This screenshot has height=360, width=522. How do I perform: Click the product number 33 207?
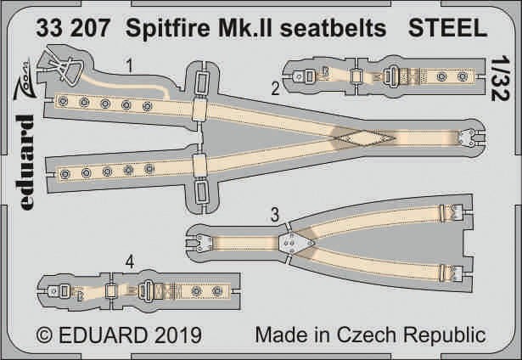click(73, 28)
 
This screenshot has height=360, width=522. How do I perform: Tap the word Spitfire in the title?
click(168, 29)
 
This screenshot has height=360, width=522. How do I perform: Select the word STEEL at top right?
click(447, 28)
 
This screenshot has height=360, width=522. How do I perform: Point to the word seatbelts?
click(333, 28)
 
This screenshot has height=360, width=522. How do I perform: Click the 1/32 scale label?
click(501, 78)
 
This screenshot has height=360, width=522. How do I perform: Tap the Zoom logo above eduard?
click(25, 79)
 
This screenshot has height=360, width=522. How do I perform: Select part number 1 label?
click(130, 65)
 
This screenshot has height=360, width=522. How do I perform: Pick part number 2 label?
click(275, 88)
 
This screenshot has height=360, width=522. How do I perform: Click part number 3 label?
click(275, 215)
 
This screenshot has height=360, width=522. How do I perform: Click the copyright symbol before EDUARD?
click(45, 335)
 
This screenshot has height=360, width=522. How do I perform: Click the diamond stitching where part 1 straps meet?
click(364, 138)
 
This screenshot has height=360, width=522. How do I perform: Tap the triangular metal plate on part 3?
click(295, 243)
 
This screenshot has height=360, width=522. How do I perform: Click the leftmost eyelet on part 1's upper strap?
click(63, 101)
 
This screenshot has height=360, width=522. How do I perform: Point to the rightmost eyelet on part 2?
click(462, 76)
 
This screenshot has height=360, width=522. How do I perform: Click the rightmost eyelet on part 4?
click(217, 291)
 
